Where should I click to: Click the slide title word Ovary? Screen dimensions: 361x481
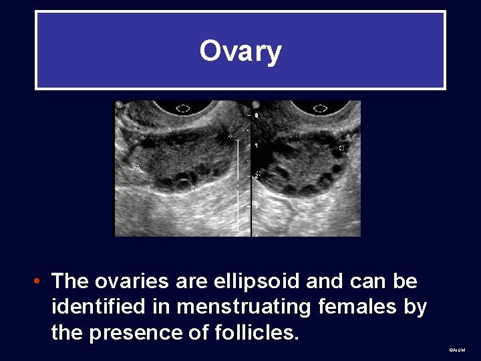pyautogui.click(x=240, y=51)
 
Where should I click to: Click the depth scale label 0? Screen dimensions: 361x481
pyautogui.click(x=257, y=115)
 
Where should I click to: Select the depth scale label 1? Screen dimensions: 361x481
pyautogui.click(x=257, y=145)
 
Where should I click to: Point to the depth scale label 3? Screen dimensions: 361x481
pyautogui.click(x=257, y=207)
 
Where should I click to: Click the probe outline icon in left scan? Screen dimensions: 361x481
pyautogui.click(x=183, y=107)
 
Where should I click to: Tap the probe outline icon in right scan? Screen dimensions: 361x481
pyautogui.click(x=320, y=107)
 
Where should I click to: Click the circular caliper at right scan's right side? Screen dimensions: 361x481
pyautogui.click(x=343, y=148)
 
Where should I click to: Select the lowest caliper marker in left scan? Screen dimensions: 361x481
pyautogui.click(x=192, y=189)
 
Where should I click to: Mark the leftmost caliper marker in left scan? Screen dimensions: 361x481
pyautogui.click(x=138, y=168)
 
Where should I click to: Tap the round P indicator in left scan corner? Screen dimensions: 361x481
pyautogui.click(x=119, y=104)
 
